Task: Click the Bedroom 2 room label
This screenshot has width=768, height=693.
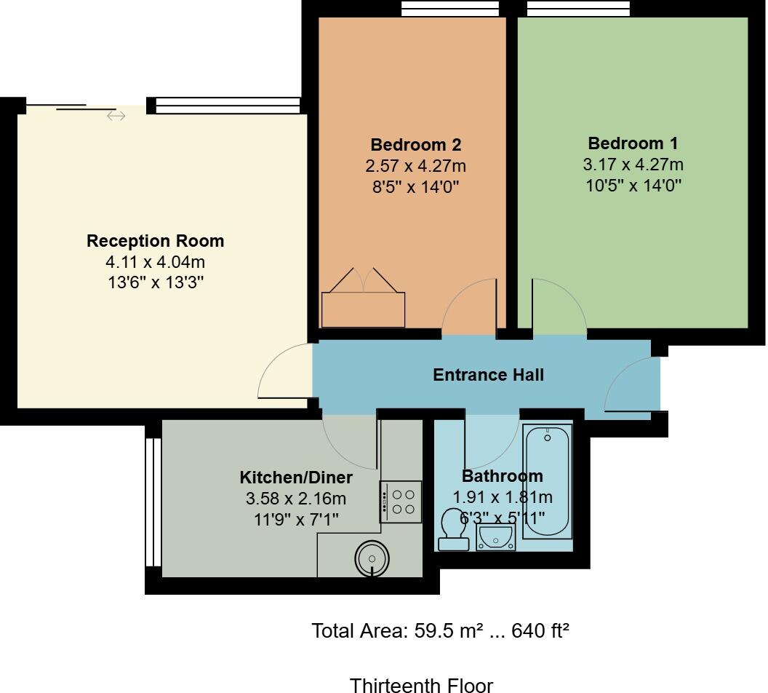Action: (415, 144)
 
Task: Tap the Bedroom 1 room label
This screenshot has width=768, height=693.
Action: (633, 143)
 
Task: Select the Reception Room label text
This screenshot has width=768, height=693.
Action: (155, 241)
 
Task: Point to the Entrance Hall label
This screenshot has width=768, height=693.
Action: (488, 375)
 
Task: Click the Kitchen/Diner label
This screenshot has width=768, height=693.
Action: (296, 478)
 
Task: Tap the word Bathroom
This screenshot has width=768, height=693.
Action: (502, 476)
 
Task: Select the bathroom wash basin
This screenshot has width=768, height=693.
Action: (495, 537)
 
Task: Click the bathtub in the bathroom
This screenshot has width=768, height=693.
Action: (548, 482)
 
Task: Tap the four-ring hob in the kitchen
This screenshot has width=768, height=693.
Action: (401, 502)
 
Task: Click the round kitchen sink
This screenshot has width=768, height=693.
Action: (372, 559)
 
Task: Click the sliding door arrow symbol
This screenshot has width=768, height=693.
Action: (116, 116)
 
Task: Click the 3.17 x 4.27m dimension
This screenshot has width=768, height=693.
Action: (633, 165)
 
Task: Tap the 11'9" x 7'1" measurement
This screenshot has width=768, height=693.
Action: (296, 519)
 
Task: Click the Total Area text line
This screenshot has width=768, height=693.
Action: (440, 630)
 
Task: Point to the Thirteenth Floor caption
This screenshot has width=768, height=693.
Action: (421, 685)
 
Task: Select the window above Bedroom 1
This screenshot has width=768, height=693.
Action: (578, 8)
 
